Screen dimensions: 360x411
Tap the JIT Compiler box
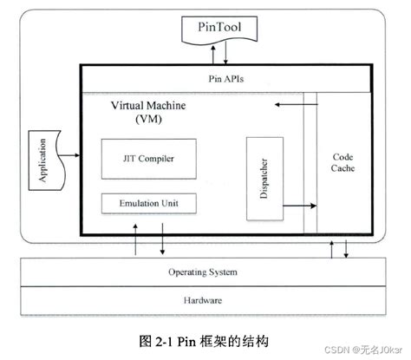(145, 159)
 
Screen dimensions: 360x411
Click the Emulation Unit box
(145, 204)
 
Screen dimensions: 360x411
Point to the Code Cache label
(342, 162)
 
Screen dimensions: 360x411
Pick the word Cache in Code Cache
(342, 169)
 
